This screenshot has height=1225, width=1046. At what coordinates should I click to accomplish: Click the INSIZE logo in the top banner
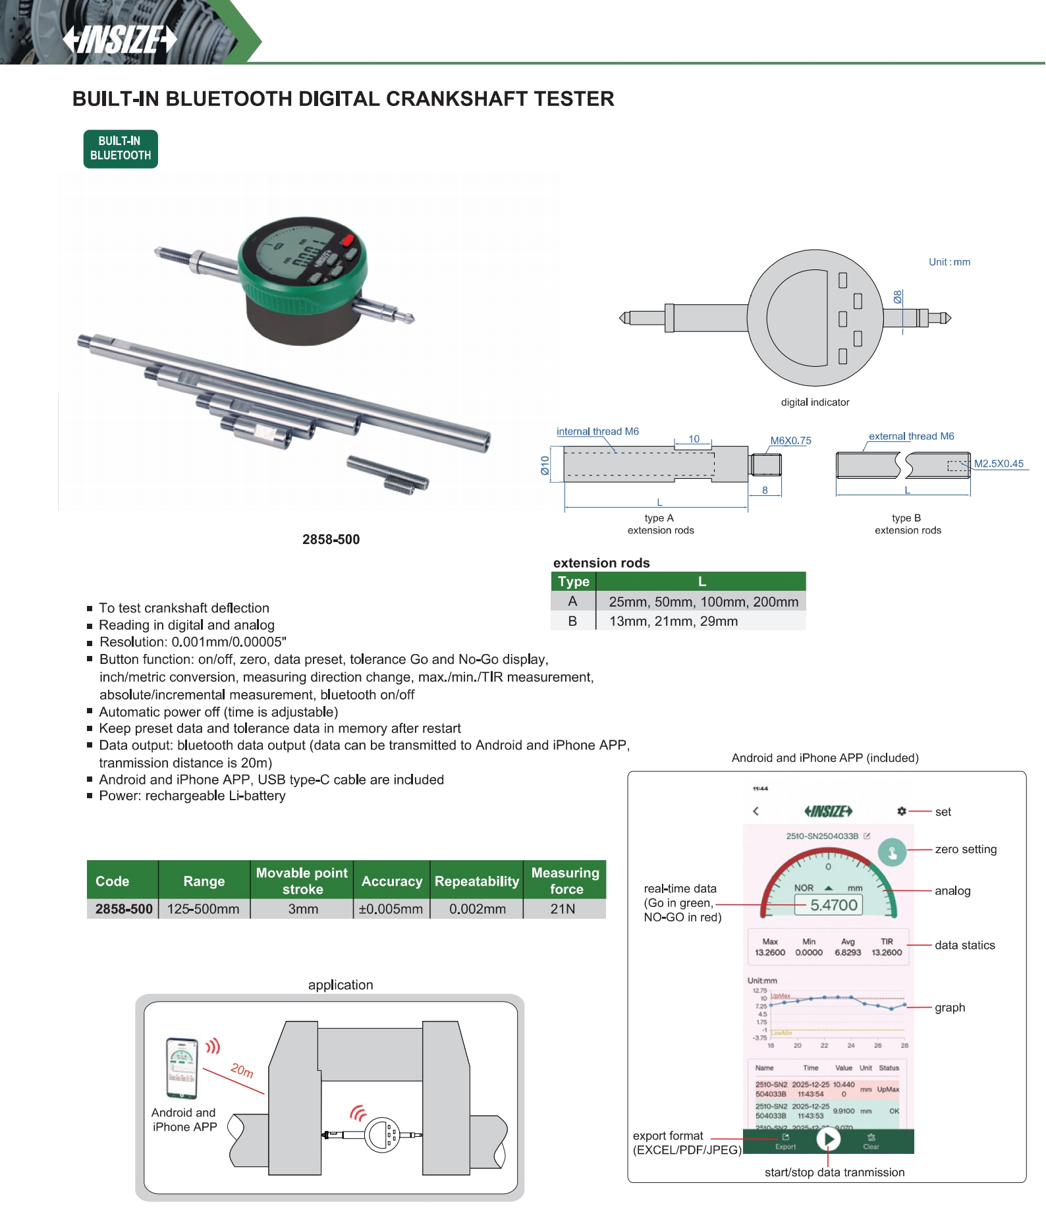(x=120, y=39)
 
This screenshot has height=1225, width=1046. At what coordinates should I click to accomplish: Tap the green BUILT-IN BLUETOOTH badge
(x=121, y=149)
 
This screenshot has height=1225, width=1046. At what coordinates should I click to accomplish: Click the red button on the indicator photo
(x=347, y=240)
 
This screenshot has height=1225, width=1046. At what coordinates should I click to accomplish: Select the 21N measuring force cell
(x=563, y=909)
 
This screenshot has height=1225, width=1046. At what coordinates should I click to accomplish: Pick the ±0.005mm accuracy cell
(x=391, y=909)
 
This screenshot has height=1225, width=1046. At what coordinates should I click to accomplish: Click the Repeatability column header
(x=476, y=881)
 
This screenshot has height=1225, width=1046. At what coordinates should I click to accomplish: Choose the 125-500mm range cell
(x=203, y=909)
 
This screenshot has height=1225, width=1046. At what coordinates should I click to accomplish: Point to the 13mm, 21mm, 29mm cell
(x=673, y=621)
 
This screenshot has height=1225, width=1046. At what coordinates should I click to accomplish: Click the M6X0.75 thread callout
(x=790, y=441)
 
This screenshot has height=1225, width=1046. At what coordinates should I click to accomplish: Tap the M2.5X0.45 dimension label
(x=999, y=463)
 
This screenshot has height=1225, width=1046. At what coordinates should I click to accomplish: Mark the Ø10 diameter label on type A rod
(x=545, y=465)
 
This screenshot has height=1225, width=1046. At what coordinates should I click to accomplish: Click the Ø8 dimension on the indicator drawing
(x=898, y=297)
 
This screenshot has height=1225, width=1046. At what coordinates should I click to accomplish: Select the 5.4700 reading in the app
(x=833, y=905)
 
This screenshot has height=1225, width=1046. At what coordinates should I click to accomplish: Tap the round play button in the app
(x=828, y=1139)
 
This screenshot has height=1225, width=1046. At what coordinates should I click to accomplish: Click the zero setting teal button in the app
(x=892, y=853)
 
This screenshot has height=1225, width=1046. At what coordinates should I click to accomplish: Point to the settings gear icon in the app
(x=901, y=811)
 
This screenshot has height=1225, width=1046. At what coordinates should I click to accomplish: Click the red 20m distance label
(x=242, y=1070)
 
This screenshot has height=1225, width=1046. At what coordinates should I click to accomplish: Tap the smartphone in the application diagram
(x=182, y=1068)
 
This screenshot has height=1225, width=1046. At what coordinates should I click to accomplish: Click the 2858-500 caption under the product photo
(x=331, y=539)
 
